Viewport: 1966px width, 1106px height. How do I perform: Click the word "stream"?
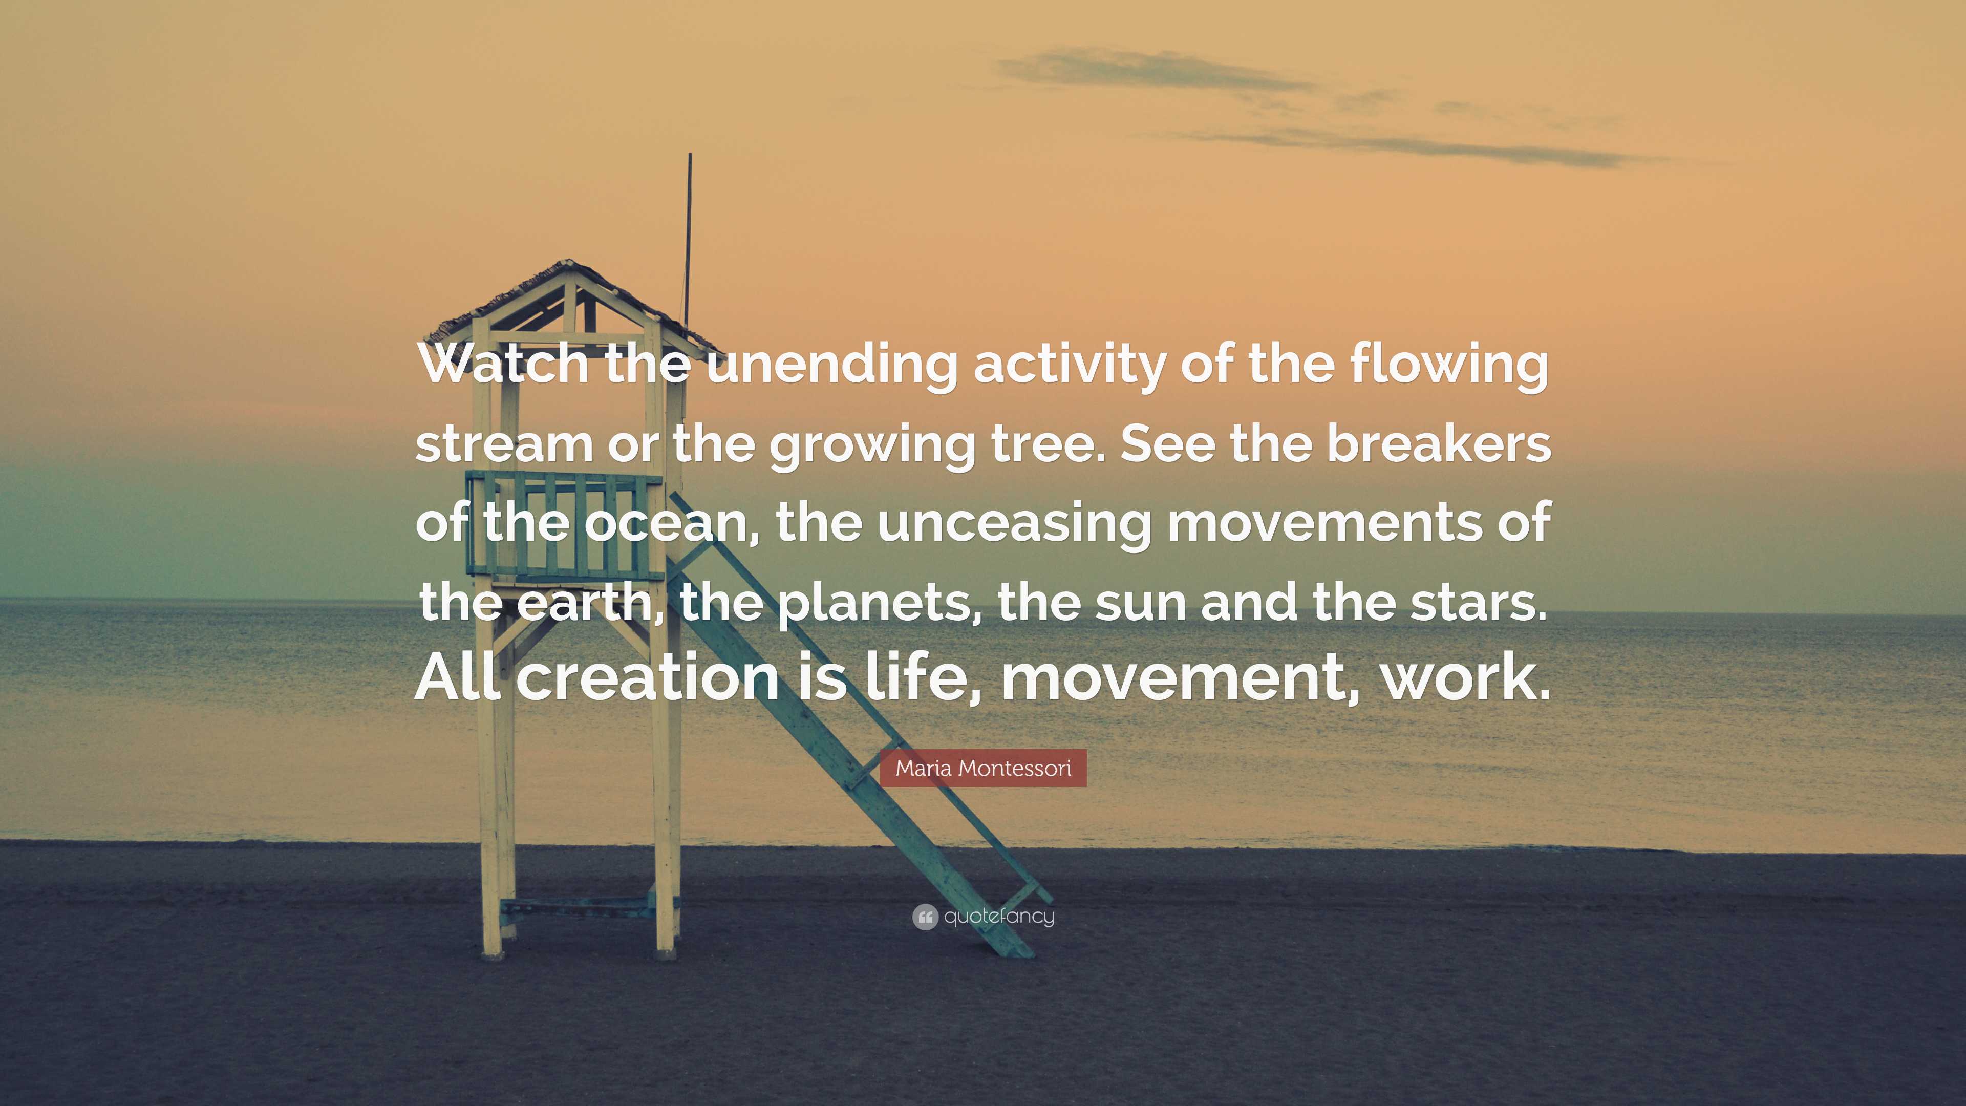click(x=504, y=444)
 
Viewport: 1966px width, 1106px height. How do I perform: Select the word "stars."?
click(x=1478, y=602)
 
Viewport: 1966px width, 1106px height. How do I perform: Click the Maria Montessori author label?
click(x=983, y=768)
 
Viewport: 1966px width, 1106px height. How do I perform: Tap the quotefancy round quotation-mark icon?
click(x=924, y=917)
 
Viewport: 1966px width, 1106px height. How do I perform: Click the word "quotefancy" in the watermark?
click(x=999, y=916)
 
